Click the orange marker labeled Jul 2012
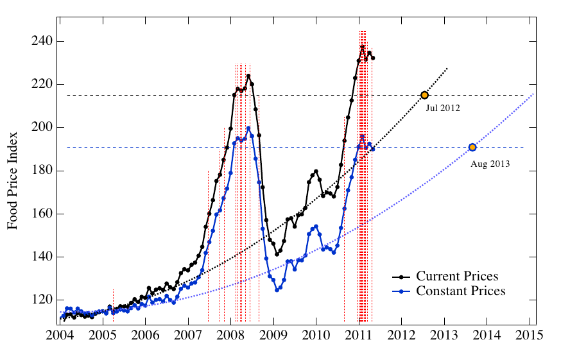pos(424,95)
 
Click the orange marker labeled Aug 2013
pos(472,148)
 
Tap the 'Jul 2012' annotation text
pos(443,108)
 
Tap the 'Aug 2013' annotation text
pos(490,164)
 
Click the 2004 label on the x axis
pos(61,336)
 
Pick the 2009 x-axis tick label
pos(274,336)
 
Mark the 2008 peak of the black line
pos(248,76)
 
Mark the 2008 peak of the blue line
pos(248,128)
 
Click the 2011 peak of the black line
pos(363,46)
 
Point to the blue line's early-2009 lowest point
pos(277,290)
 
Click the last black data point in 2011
pos(373,58)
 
